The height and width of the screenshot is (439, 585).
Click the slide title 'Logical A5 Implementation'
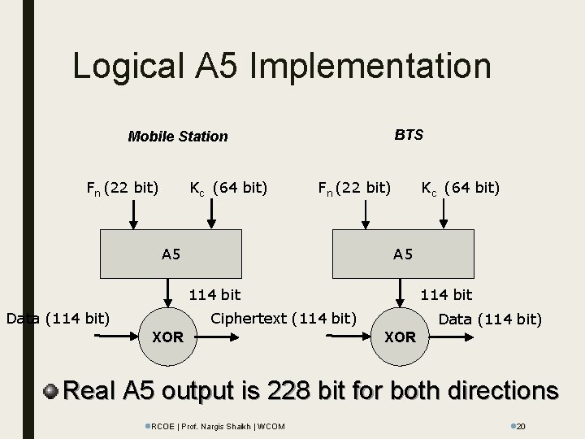tap(281, 67)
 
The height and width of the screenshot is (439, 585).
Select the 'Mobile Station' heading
tap(178, 137)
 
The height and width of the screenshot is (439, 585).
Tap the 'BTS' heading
tap(408, 135)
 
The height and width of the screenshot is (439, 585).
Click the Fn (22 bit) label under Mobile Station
tap(122, 189)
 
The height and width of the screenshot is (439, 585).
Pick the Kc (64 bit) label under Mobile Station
tap(228, 189)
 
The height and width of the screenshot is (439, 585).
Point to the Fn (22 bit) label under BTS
tap(354, 189)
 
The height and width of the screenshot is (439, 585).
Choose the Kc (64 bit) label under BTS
tap(460, 189)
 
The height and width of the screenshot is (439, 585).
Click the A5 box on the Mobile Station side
tap(171, 254)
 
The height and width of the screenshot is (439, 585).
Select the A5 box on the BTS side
tap(403, 254)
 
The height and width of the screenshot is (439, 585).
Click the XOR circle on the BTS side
tap(400, 334)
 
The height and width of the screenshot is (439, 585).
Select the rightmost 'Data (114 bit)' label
tap(490, 319)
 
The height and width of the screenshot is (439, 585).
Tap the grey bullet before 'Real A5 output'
tap(51, 391)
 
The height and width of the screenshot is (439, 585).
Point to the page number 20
tap(522, 426)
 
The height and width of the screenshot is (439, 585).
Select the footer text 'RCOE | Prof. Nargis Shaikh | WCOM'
tap(214, 426)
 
